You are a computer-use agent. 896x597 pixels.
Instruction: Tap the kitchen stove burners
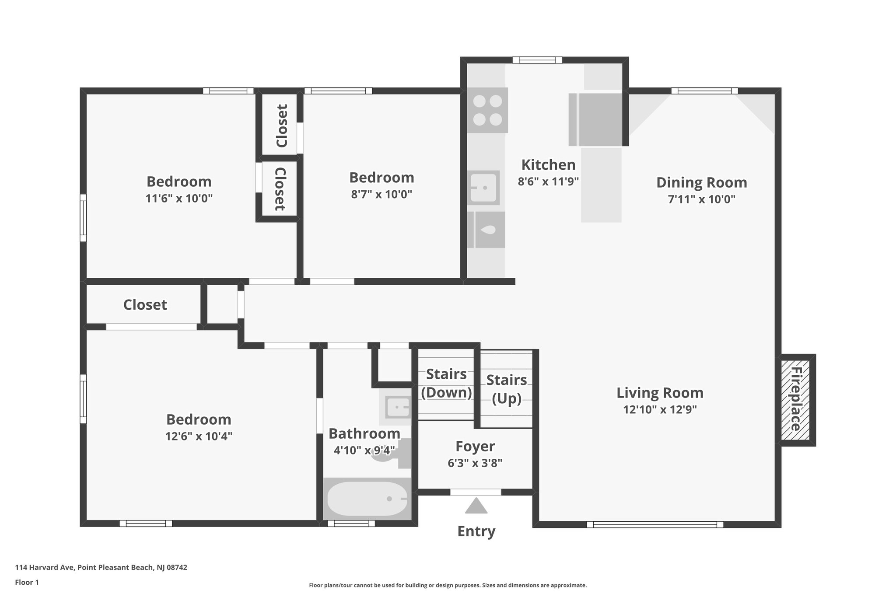pos(487,110)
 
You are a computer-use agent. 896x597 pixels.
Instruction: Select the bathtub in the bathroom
pos(367,499)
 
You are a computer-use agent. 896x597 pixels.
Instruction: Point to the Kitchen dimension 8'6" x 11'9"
pos(548,181)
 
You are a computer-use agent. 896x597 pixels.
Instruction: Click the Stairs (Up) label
pos(507,389)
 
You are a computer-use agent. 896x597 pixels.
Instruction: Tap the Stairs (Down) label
pos(446,383)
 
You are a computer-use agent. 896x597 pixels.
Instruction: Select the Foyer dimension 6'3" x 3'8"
pos(475,463)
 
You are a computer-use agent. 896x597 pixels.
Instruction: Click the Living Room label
pos(660,393)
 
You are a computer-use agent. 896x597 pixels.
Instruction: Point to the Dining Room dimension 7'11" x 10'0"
pos(701,199)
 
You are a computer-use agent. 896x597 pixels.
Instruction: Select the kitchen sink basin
pos(484,188)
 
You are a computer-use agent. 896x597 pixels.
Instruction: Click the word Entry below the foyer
pos(476,531)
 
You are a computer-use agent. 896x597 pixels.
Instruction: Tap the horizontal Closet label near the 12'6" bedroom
pos(145,305)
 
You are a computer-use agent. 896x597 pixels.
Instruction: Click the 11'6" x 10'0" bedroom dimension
pos(179,199)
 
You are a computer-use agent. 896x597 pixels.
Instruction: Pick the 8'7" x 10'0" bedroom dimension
pos(381,194)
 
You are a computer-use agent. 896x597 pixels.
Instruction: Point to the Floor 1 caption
pos(27,582)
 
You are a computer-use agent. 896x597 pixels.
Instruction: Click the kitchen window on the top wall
pos(537,60)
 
